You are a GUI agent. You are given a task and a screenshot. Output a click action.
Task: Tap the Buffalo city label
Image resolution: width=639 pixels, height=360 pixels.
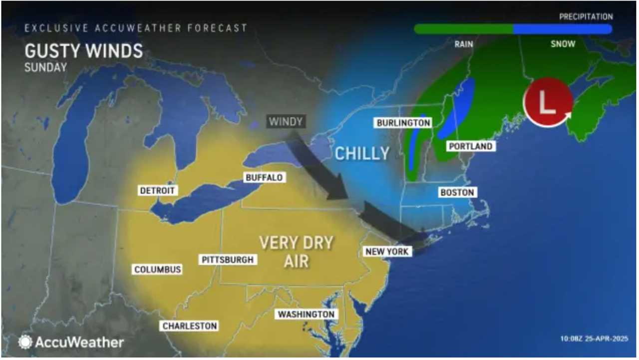(264, 177)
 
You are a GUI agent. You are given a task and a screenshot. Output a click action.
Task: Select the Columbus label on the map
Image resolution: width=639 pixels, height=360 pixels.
(157, 270)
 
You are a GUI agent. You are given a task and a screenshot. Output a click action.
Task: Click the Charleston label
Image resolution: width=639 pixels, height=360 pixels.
(190, 326)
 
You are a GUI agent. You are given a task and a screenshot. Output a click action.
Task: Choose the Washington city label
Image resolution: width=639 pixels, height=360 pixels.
(306, 314)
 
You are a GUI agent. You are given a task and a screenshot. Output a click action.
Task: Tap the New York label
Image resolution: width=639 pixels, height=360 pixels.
(387, 252)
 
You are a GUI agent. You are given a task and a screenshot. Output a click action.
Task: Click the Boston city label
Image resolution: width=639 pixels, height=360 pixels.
(456, 192)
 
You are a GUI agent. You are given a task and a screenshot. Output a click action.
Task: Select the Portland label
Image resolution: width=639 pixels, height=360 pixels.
(470, 146)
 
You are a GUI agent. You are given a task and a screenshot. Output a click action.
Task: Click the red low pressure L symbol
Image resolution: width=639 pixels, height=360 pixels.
(548, 102)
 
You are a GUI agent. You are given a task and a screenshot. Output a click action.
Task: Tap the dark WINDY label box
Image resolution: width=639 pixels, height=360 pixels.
(286, 121)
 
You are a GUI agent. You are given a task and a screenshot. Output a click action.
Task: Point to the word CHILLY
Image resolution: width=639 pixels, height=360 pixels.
(362, 153)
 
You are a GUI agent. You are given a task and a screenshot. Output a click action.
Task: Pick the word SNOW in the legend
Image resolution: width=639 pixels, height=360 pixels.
(563, 44)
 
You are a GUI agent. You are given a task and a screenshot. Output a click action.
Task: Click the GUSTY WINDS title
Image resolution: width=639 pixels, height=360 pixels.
(83, 51)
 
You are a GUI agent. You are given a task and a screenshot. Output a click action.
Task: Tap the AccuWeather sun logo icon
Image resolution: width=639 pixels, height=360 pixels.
(25, 342)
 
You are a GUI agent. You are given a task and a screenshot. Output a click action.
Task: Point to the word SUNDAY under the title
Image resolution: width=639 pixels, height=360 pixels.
(45, 67)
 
